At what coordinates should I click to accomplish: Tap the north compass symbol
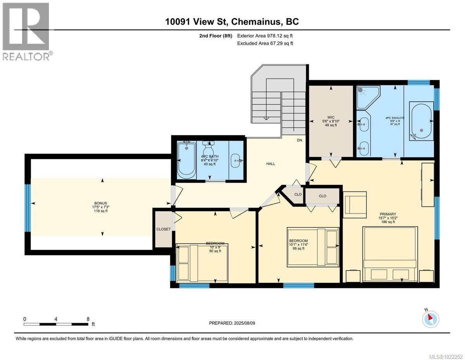(x=430, y=318)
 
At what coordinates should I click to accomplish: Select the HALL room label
(x=270, y=164)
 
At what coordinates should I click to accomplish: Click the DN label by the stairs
(x=299, y=140)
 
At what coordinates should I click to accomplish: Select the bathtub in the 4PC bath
(x=186, y=159)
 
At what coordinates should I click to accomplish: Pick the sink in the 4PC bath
(x=236, y=160)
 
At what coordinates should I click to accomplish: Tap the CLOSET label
(x=163, y=229)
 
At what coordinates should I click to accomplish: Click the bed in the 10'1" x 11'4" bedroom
(x=313, y=247)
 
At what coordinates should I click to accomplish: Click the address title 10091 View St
(x=232, y=22)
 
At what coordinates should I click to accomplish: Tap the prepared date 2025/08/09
(x=232, y=323)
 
